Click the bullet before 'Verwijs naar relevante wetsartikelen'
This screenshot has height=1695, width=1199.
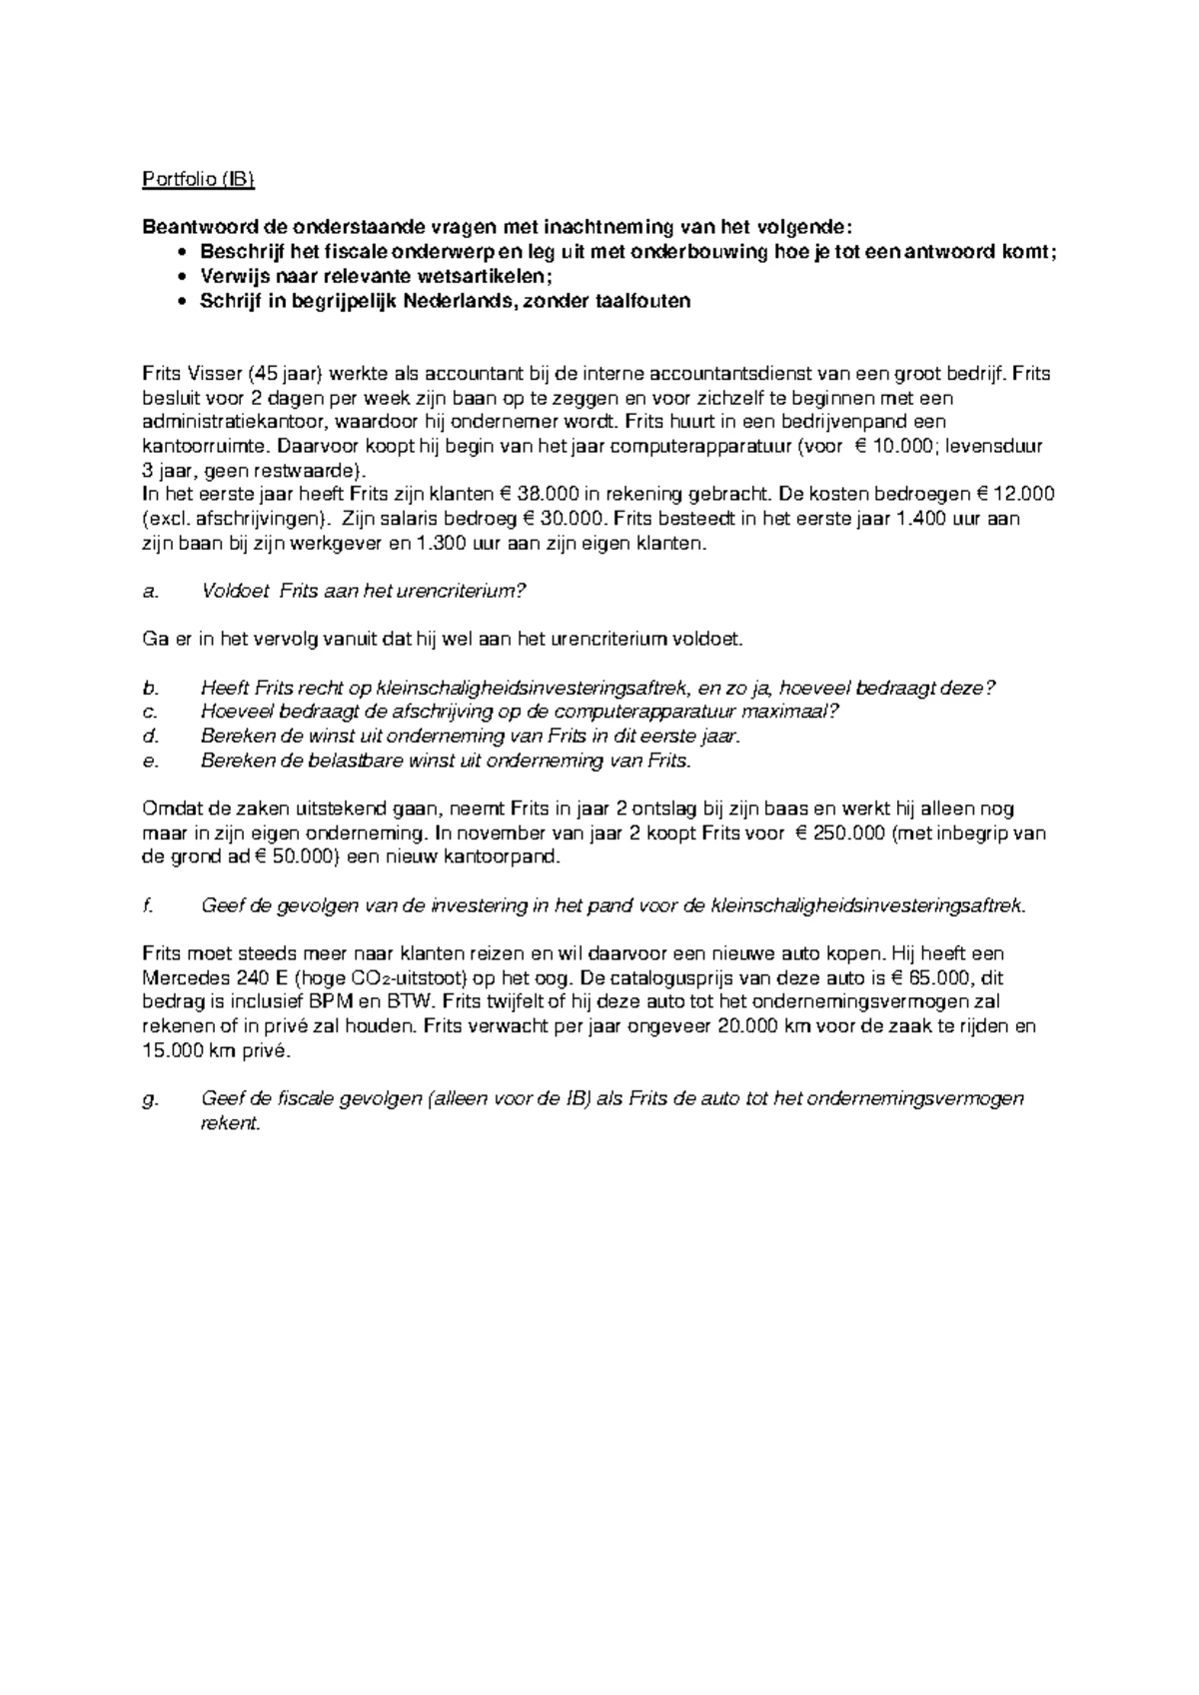pyautogui.click(x=181, y=277)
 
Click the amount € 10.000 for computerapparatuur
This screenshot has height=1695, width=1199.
pyautogui.click(x=895, y=447)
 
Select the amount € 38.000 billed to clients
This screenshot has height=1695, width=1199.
pyautogui.click(x=549, y=495)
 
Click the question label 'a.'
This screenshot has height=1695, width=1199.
pyautogui.click(x=151, y=592)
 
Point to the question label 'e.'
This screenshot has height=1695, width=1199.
pyautogui.click(x=151, y=761)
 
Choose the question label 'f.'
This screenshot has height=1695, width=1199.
pyautogui.click(x=149, y=905)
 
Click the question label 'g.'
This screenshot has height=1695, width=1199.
pyautogui.click(x=152, y=1099)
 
